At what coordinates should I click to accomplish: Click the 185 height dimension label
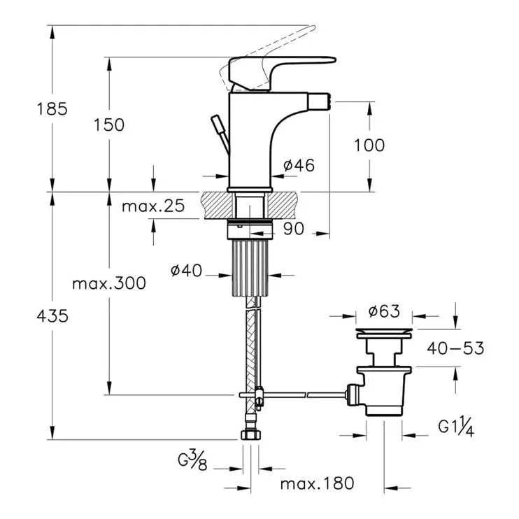[x=52, y=108]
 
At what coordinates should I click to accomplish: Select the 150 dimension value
[x=110, y=125]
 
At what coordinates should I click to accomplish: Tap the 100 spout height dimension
[x=369, y=145]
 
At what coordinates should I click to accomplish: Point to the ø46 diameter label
[x=299, y=166]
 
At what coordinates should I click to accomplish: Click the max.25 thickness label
[x=152, y=206]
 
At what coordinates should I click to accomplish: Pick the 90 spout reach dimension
[x=294, y=229]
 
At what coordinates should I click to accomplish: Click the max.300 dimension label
[x=109, y=283]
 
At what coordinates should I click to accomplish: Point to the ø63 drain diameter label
[x=385, y=310]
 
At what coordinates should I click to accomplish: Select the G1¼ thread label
[x=456, y=427]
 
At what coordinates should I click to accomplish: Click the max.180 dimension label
[x=317, y=483]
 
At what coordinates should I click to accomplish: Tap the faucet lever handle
[x=287, y=66]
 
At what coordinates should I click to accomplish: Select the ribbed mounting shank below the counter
[x=250, y=266]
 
